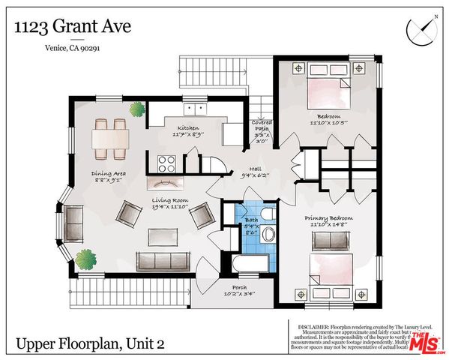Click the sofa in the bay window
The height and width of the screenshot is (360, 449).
74,221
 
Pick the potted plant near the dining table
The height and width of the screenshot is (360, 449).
136,110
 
